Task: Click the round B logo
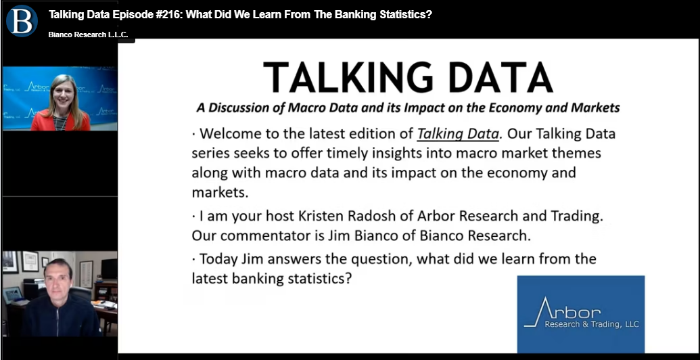[x=22, y=20]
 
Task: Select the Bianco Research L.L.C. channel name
[x=88, y=35]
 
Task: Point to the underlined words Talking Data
[x=458, y=134]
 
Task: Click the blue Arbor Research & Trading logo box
[x=581, y=314]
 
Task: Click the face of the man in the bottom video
[x=58, y=281]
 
